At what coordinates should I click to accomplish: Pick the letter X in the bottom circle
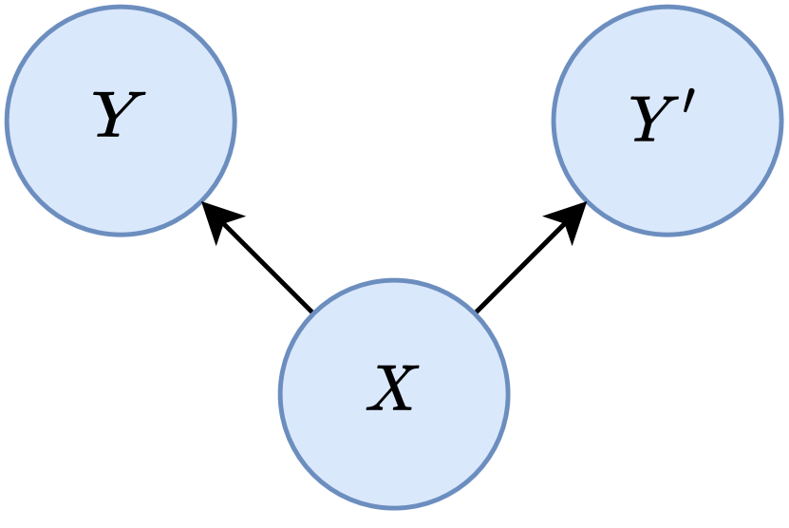click(391, 389)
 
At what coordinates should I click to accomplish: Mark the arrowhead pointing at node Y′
click(570, 217)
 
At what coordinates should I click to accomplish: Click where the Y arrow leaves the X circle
click(312, 311)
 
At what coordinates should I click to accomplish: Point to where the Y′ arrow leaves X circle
click(476, 311)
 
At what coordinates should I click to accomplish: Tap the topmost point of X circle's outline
click(394, 280)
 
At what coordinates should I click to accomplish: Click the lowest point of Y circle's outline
click(121, 235)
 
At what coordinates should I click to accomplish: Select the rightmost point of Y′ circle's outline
click(781, 121)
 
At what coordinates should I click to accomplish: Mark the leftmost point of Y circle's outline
click(7, 121)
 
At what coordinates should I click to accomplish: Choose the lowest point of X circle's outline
click(394, 507)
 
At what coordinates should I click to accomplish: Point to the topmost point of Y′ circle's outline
click(667, 7)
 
